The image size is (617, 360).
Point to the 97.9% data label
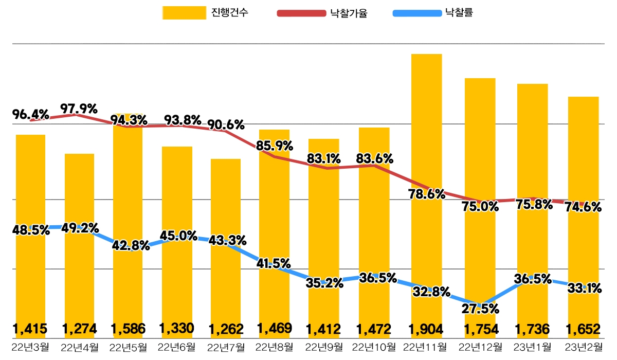coord(79,109)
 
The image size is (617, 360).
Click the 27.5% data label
coord(481,309)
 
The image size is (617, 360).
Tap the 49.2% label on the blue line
coord(80,227)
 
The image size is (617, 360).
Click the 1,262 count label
coord(225,328)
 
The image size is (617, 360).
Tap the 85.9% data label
coord(274,146)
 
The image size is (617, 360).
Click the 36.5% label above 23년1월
coord(532,279)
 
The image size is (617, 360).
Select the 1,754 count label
coord(481,328)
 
